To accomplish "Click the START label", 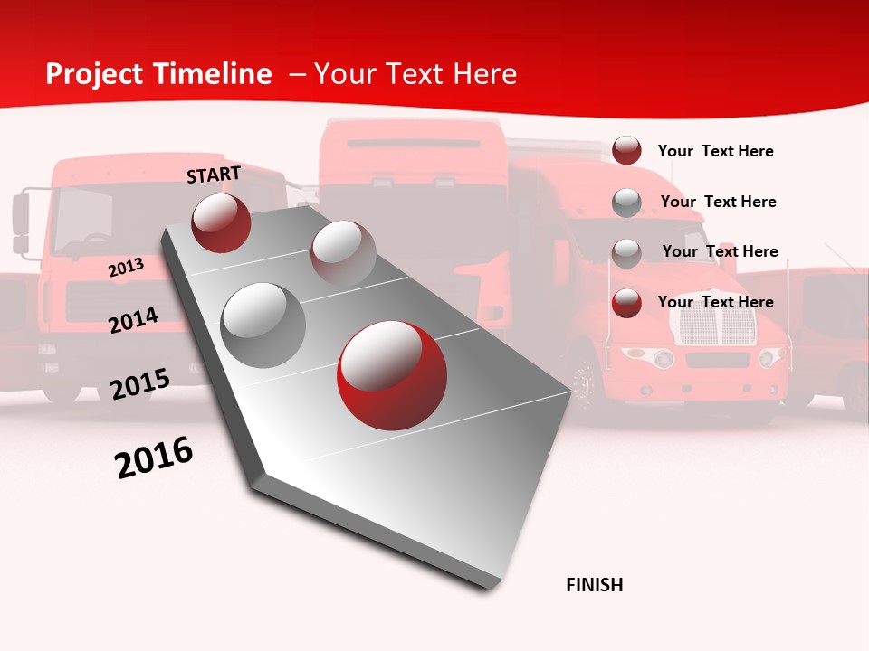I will [214, 175].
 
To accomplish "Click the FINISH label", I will [594, 585].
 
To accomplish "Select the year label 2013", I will [126, 267].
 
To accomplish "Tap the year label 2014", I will [133, 320].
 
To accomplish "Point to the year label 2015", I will [139, 383].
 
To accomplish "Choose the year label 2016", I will [154, 458].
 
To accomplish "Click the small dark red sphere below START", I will [221, 222].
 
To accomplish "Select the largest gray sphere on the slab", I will [263, 325].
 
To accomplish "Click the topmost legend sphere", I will [626, 150].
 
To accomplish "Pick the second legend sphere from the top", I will [626, 202].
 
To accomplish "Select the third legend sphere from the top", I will [626, 252].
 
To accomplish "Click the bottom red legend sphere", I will [626, 302].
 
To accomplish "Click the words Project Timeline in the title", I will [158, 74].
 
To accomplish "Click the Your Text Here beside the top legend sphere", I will [715, 151].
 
